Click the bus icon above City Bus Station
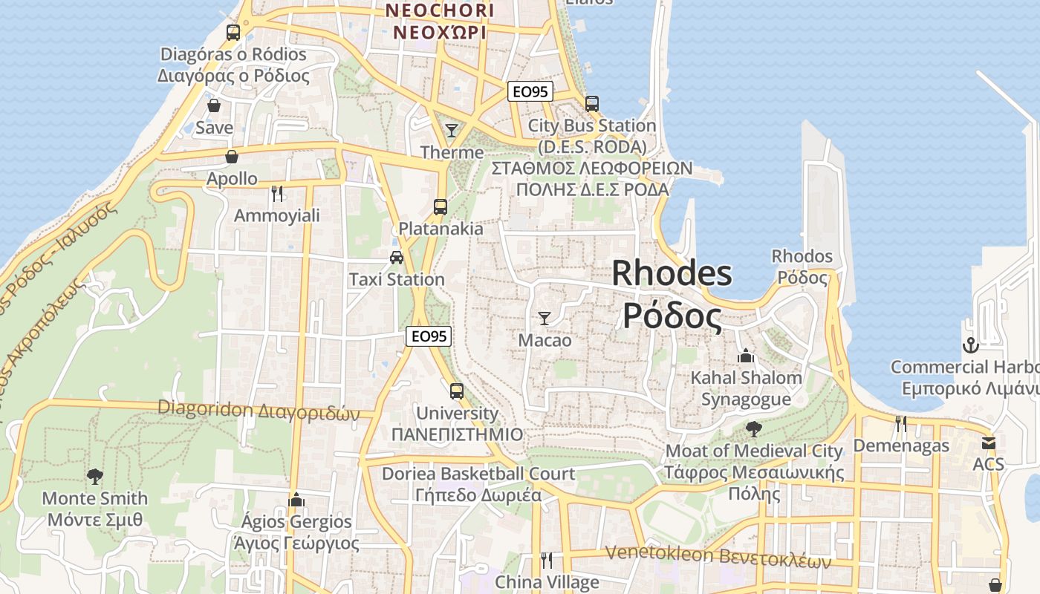[x=592, y=104]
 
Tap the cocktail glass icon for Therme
[x=452, y=131]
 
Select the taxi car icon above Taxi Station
[x=397, y=258]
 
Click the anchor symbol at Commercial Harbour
[x=970, y=345]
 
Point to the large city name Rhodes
[x=672, y=274]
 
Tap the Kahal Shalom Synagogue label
[x=746, y=388]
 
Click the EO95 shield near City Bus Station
[x=530, y=91]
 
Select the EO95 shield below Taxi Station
[x=429, y=336]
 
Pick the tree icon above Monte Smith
[x=94, y=477]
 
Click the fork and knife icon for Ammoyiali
[x=277, y=194]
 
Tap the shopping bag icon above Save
[x=214, y=105]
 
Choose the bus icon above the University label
[x=457, y=391]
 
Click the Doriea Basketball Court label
[x=478, y=474]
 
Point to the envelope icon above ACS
[x=988, y=443]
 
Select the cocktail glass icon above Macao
[x=545, y=319]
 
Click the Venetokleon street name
[x=718, y=555]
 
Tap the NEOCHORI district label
[x=439, y=10]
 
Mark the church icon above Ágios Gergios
[x=296, y=500]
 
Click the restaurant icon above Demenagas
[x=900, y=424]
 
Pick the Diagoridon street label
[x=259, y=410]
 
